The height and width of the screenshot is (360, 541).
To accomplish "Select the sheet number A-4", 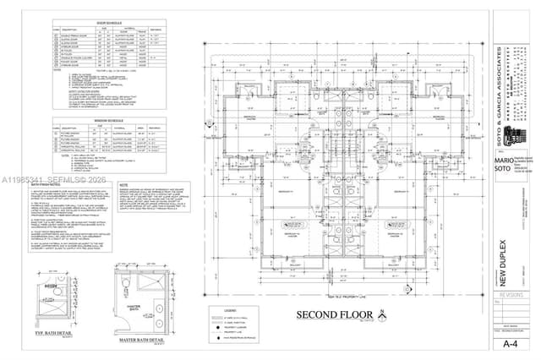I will [510, 344].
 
